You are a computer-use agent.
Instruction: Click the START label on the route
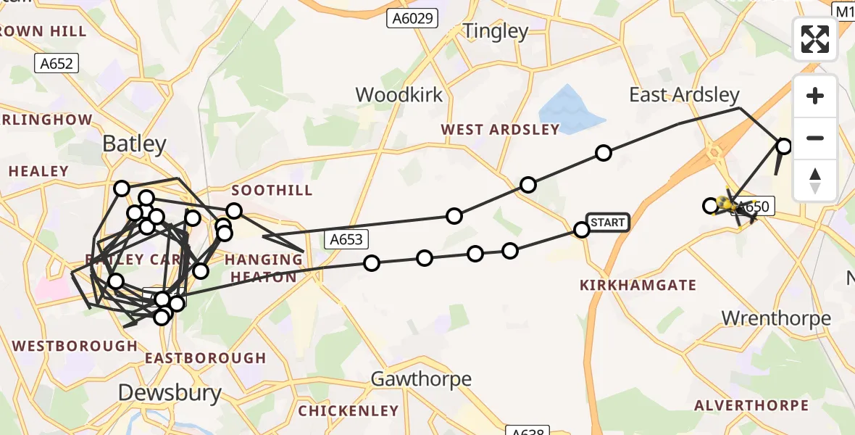point(607,223)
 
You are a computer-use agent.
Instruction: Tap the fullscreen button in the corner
point(815,39)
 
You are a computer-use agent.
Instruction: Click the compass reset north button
point(815,180)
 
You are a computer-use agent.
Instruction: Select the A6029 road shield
point(412,18)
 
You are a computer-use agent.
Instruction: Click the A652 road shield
point(57,64)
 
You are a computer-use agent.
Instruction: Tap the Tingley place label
point(496,31)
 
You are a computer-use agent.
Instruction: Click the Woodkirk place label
point(399,95)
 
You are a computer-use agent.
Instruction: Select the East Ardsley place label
point(684,95)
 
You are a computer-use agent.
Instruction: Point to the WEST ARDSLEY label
point(501,130)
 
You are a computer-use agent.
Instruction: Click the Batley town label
point(134,144)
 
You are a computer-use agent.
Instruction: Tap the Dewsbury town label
point(170,393)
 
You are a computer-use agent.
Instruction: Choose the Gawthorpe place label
point(421,378)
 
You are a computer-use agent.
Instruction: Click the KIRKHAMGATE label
point(638,286)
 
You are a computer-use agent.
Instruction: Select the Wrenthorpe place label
point(776,318)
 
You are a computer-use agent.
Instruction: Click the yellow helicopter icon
point(727,205)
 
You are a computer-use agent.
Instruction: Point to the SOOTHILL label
point(272,190)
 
